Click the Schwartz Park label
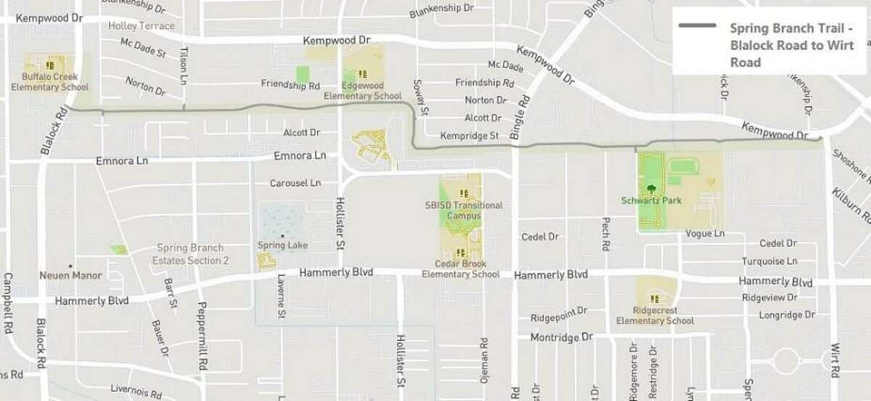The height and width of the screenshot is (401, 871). point(652,200)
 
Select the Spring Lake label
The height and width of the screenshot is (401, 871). point(282,245)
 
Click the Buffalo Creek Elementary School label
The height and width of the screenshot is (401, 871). point(50,81)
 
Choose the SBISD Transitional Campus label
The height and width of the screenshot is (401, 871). point(464,211)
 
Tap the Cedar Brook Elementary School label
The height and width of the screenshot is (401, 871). point(460,269)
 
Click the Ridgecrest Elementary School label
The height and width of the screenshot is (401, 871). point(655,315)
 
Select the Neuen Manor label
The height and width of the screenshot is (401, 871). point(70,276)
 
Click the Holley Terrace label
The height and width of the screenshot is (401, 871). point(141,25)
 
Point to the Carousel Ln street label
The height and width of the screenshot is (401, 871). point(295,183)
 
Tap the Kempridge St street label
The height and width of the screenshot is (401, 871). point(470,136)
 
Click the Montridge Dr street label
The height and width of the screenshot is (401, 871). point(562,338)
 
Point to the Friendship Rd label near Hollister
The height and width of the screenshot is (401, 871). point(290,84)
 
